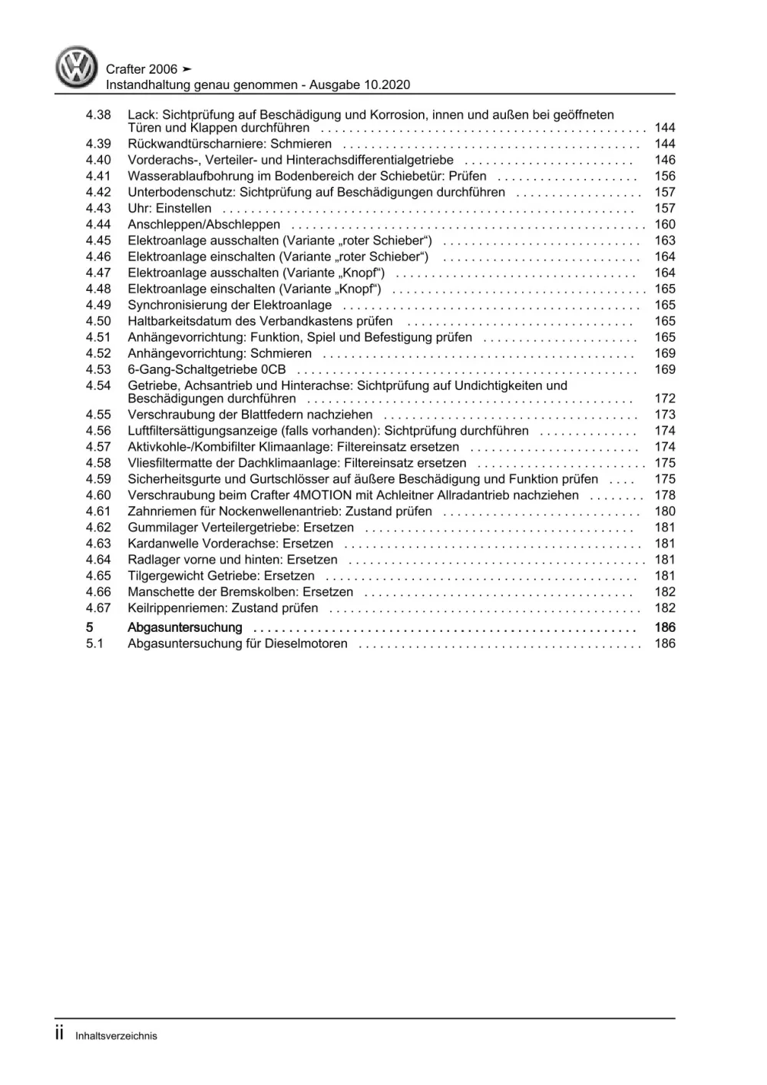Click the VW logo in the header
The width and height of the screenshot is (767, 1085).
(77, 68)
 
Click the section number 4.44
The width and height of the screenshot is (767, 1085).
(98, 225)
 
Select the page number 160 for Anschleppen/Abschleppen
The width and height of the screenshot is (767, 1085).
(664, 225)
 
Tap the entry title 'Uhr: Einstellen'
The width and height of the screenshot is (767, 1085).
(170, 209)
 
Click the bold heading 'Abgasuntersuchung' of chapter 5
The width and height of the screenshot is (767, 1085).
(187, 628)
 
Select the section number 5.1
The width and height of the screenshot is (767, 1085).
(94, 644)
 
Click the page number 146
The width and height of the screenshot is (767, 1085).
(664, 160)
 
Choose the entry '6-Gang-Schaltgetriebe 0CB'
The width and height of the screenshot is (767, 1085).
(207, 370)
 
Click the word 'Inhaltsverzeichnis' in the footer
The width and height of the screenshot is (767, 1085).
(116, 1036)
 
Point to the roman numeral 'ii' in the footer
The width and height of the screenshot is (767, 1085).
(59, 1034)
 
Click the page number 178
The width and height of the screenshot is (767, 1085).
(664, 496)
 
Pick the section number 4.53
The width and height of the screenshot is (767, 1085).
(98, 370)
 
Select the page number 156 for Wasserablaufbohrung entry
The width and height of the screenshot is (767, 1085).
(664, 177)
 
